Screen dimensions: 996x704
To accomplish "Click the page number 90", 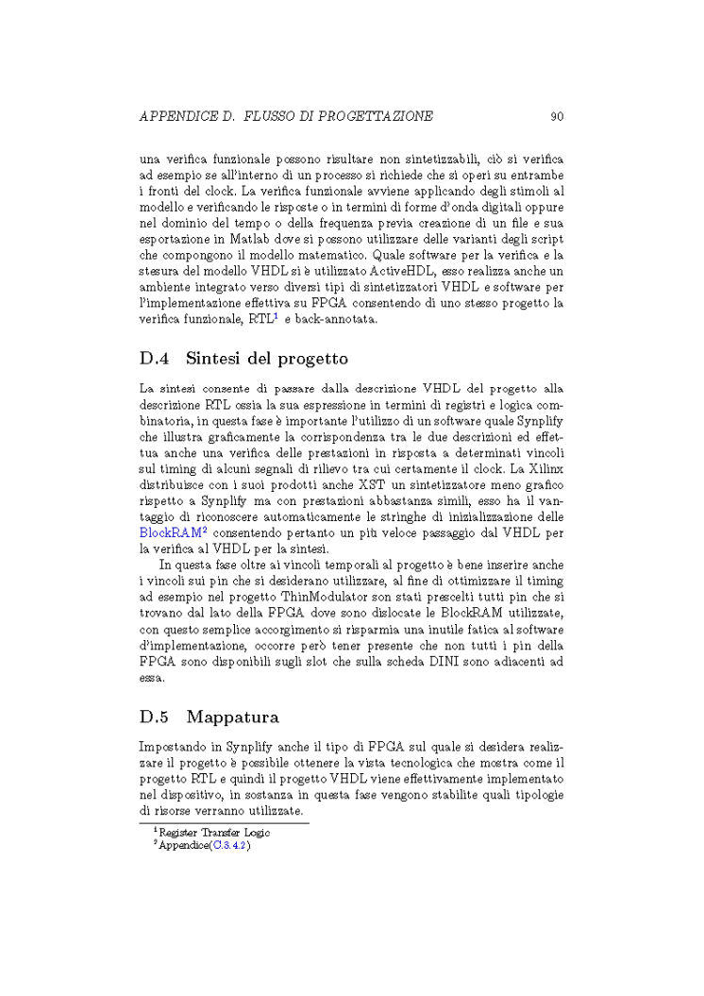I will pos(557,116).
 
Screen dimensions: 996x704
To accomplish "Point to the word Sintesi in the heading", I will pos(219,359).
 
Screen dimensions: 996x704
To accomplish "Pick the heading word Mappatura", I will pos(232,717).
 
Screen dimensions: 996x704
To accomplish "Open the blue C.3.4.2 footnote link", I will pos(229,846).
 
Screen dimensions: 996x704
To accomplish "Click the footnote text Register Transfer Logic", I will pos(214,833).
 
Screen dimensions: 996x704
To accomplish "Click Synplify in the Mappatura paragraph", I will pos(247,746).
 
